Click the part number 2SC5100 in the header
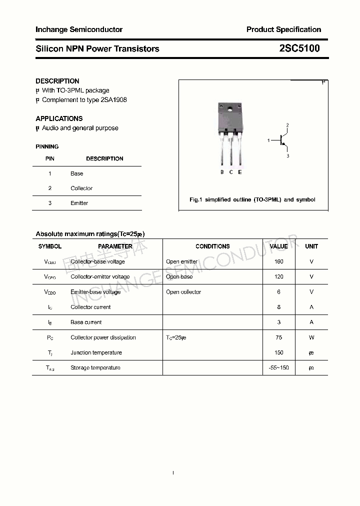pyautogui.click(x=299, y=48)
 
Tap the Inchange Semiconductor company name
pyautogui.click(x=79, y=29)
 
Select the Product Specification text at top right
pyautogui.click(x=283, y=29)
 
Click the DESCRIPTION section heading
pyautogui.click(x=57, y=81)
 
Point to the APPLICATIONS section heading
pyautogui.click(x=59, y=118)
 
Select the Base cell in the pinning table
pyautogui.click(x=77, y=173)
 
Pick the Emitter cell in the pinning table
pyautogui.click(x=79, y=203)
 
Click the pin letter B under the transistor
pyautogui.click(x=222, y=172)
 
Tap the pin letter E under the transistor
pyautogui.click(x=240, y=172)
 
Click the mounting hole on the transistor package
pyautogui.click(x=230, y=109)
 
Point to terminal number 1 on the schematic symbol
pyautogui.click(x=268, y=141)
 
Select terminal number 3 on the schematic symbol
pyautogui.click(x=287, y=156)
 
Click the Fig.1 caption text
pyautogui.click(x=252, y=199)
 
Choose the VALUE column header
pyautogui.click(x=278, y=246)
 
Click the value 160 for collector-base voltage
pyautogui.click(x=278, y=261)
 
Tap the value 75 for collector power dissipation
pyautogui.click(x=278, y=337)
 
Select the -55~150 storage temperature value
pyautogui.click(x=278, y=368)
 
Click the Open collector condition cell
pyautogui.click(x=183, y=292)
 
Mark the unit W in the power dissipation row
pyautogui.click(x=311, y=337)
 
